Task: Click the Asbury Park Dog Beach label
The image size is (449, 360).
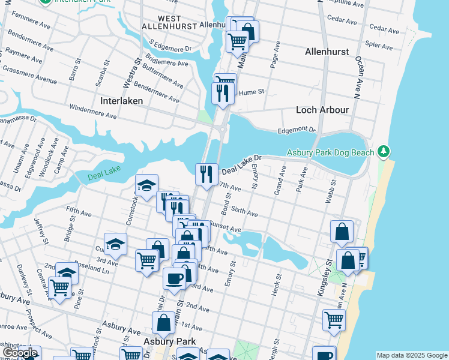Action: (330, 152)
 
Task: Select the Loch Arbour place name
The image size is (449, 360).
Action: (322, 110)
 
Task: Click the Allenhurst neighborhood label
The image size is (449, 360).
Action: (327, 52)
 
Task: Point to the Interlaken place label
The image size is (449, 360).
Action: (122, 101)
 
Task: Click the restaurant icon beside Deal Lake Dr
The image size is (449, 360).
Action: (206, 175)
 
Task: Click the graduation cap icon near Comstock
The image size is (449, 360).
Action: (146, 186)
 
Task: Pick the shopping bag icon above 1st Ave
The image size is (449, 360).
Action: (163, 323)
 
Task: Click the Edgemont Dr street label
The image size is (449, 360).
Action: (297, 130)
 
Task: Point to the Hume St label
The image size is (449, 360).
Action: (252, 92)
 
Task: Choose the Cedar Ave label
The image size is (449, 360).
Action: (381, 27)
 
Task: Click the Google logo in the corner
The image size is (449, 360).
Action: (20, 353)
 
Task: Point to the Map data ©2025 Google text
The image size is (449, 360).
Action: (411, 355)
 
